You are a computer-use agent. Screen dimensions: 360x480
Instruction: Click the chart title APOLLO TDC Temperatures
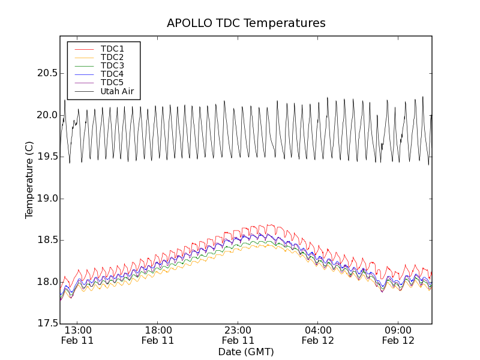246,23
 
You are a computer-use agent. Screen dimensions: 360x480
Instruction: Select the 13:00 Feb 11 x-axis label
78,335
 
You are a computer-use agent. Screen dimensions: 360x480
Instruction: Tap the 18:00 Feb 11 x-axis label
158,335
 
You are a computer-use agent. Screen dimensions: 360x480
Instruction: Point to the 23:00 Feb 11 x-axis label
238,335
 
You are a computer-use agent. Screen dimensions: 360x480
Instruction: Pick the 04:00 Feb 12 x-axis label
318,335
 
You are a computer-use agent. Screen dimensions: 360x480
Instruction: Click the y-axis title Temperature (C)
29,180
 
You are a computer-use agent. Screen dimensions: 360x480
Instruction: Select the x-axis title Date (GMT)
246,352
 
